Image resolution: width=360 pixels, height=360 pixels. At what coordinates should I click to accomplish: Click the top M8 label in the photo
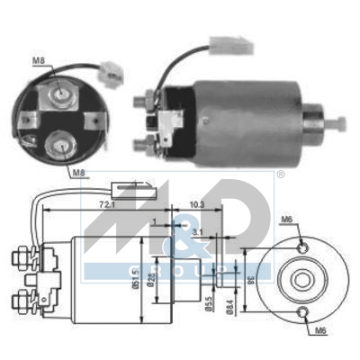(38, 61)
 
